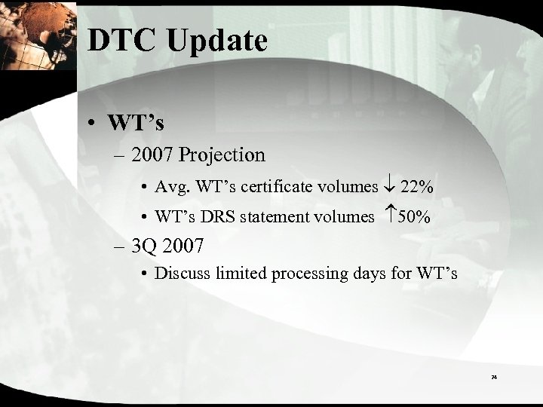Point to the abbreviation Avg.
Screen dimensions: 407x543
pos(170,186)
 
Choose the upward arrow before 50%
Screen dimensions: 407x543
pos(390,217)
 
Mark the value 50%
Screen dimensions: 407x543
pos(415,217)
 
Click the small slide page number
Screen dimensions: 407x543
pos(494,375)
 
